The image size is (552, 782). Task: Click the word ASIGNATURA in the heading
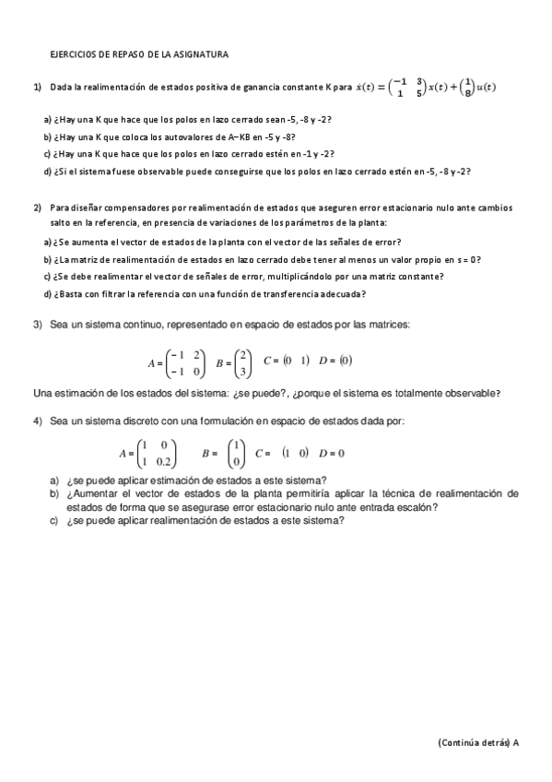[x=204, y=54]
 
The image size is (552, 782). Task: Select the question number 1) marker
[x=38, y=87]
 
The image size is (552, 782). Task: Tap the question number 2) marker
[x=38, y=207]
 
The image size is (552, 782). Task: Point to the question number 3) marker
[x=38, y=325]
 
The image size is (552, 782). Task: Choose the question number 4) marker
[x=38, y=421]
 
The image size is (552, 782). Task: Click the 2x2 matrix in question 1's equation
[x=407, y=87]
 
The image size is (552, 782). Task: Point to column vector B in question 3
[x=242, y=362]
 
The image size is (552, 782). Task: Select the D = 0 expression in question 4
[x=332, y=453]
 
